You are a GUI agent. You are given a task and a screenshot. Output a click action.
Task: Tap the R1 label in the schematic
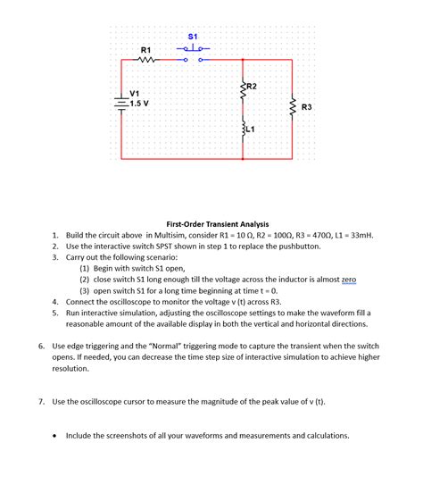[146, 48]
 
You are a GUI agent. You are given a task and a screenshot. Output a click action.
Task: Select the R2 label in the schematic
[252, 86]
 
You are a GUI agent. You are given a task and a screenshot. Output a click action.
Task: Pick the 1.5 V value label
[140, 102]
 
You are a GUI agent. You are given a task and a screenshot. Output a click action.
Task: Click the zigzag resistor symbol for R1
[146, 61]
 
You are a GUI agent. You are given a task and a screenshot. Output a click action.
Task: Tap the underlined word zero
[348, 280]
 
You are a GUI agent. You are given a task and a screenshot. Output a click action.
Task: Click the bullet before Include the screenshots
[56, 436]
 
